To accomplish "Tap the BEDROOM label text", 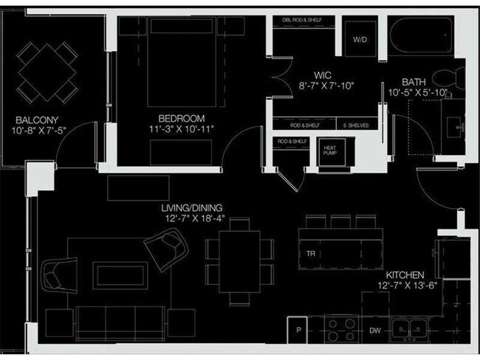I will pos(181,118).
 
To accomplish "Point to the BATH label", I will pos(415,81).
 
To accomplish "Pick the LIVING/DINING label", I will pos(192,208).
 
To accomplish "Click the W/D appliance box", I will pos(360,38).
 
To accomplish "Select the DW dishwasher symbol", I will pos(375,331).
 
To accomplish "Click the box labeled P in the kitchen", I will pos(300,330).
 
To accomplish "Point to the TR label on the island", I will pos(311,255).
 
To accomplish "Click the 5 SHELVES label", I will pos(357,125).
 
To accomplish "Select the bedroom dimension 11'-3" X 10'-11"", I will pos(181,130).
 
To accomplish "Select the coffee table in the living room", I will pos(118,275).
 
